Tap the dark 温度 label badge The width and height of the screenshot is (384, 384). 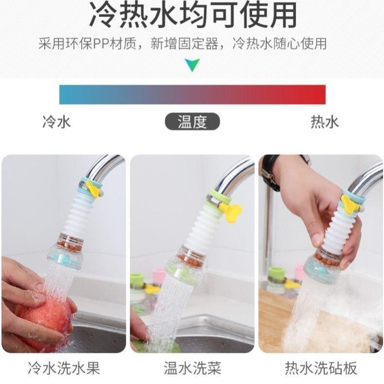pyautogui.click(x=192, y=122)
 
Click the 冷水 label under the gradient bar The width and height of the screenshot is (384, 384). pyautogui.click(x=56, y=122)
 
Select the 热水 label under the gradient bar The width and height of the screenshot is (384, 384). pyautogui.click(x=325, y=122)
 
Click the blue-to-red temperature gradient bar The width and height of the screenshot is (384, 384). pyautogui.click(x=192, y=94)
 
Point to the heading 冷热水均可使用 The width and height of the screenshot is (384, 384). pyautogui.click(x=192, y=16)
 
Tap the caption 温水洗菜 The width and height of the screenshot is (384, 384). pyautogui.click(x=192, y=368)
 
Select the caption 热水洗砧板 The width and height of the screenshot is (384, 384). pyautogui.click(x=321, y=368)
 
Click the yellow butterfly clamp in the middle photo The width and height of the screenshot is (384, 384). pyautogui.click(x=230, y=212)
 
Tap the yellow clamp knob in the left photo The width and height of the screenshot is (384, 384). pyautogui.click(x=92, y=190)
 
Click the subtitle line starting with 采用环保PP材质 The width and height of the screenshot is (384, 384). pyautogui.click(x=182, y=43)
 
